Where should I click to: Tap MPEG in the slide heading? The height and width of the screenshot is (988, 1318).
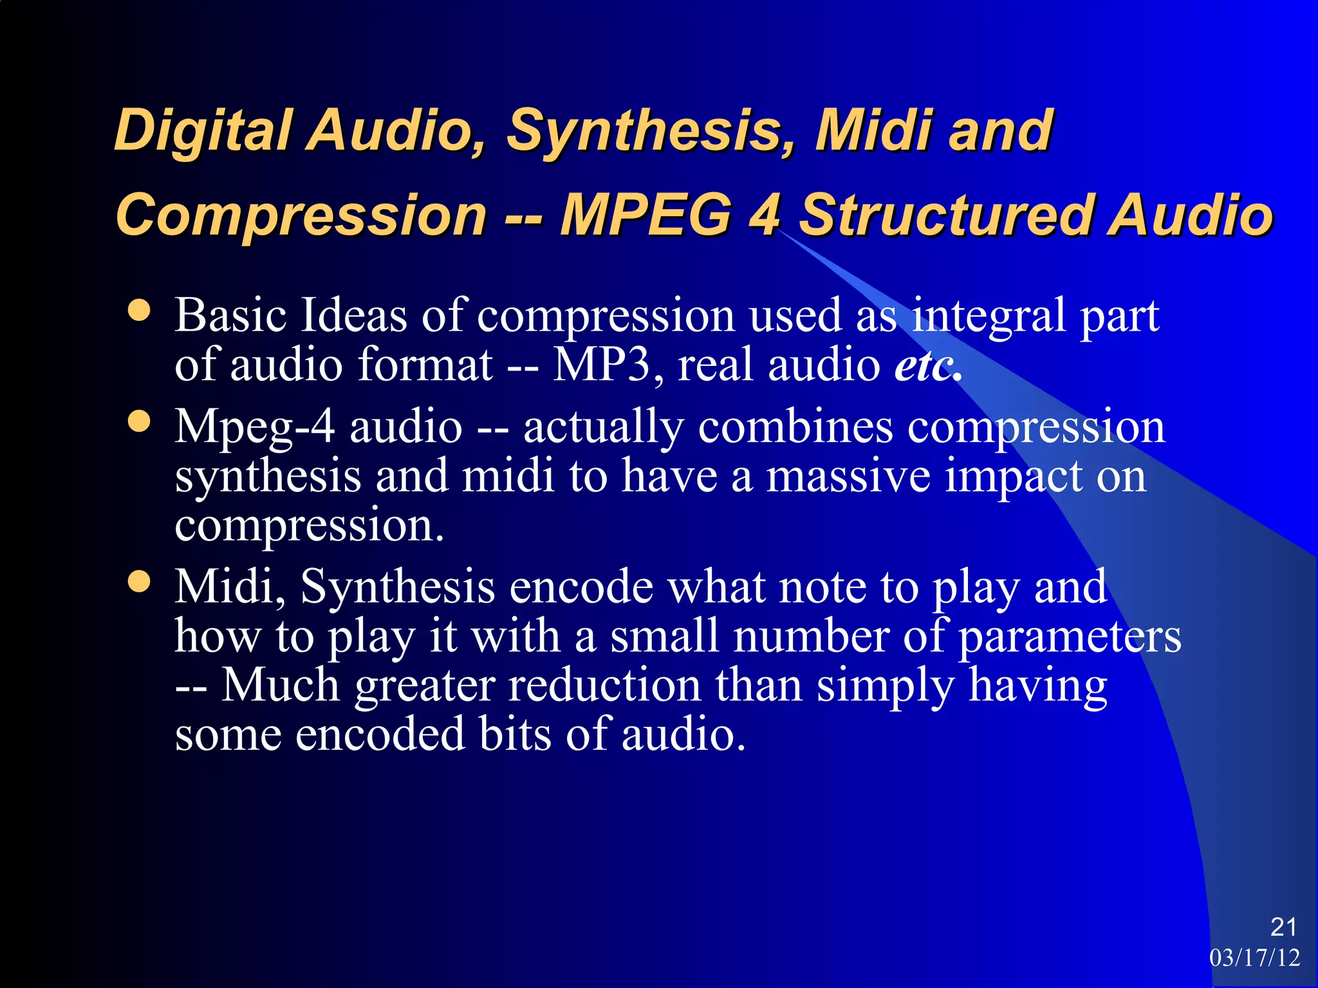point(646,215)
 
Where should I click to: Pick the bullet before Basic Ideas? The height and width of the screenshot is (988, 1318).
point(139,311)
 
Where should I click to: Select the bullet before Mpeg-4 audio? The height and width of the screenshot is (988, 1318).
point(139,423)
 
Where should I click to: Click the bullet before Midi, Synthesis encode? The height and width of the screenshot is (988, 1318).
point(139,582)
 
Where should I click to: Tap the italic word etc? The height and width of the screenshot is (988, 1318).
point(925,365)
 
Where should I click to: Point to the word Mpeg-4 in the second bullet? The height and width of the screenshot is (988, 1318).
point(255,428)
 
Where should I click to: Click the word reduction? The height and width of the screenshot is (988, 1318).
point(604,686)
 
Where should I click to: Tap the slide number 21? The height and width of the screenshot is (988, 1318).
point(1283,927)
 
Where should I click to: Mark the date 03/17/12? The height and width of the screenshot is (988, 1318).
point(1254,958)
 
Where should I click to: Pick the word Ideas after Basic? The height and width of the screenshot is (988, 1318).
point(354,316)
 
